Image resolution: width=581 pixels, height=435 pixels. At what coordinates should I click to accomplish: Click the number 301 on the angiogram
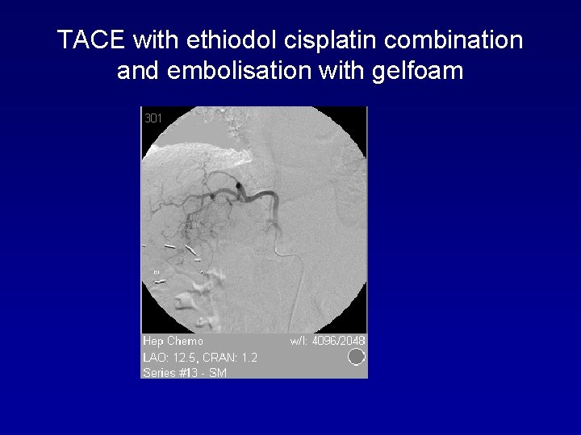[153, 118]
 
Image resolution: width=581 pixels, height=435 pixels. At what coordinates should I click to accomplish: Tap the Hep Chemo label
[173, 341]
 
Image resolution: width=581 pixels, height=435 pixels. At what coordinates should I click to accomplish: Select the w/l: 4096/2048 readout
[327, 341]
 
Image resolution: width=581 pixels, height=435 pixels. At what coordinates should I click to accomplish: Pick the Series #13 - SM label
[184, 372]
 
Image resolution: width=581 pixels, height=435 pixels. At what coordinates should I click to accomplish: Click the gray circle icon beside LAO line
[356, 356]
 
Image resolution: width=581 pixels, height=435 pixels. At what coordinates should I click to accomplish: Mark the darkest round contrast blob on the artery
[240, 187]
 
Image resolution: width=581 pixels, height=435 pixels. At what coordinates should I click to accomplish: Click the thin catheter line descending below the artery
[299, 282]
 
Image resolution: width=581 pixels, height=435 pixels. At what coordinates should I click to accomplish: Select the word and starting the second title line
[137, 71]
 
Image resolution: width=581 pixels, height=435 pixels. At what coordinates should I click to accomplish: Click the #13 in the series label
[194, 372]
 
